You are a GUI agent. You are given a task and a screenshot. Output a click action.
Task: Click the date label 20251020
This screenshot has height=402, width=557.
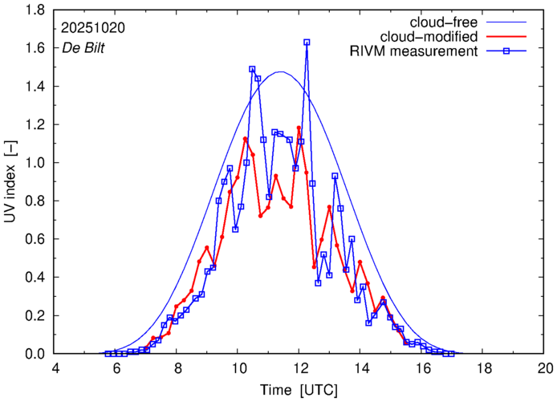92,26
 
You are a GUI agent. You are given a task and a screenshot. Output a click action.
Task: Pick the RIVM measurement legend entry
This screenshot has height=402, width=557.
414,52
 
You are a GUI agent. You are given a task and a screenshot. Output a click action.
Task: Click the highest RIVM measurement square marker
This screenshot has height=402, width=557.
307,43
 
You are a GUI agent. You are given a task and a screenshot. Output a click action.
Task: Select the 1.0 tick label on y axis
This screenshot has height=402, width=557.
35,163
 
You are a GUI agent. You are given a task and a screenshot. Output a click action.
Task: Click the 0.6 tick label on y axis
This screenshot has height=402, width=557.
35,239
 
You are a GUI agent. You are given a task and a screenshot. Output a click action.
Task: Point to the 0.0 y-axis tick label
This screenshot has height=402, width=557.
35,354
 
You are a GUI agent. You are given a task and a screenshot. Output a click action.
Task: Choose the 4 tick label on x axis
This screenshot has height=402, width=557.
55,368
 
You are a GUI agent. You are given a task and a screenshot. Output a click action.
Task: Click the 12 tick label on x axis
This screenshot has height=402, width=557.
299,368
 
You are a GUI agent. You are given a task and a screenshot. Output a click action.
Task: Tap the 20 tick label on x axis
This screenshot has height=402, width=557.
545,368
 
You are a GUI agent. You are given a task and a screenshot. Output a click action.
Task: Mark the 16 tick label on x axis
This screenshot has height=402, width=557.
422,368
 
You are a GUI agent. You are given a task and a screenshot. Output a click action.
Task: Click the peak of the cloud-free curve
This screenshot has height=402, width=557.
280,72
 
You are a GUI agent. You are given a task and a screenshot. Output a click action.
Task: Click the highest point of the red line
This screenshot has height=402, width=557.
299,128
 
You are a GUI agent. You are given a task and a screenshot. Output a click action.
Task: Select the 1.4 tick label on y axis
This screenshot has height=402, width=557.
35,87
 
